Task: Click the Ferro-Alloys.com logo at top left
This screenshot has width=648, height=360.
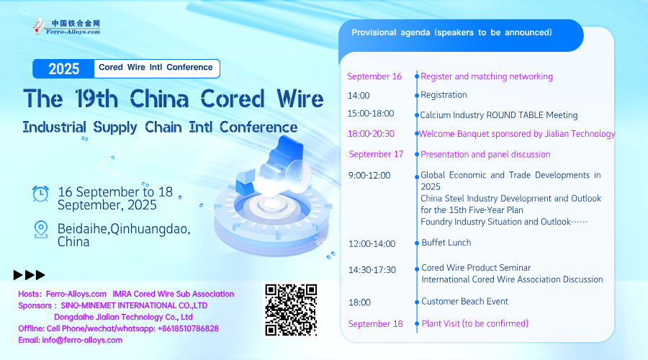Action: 66,26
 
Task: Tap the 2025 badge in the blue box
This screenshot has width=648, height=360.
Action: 63,68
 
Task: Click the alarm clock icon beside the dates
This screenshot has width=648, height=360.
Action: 40,194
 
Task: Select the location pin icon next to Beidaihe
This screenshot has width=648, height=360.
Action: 41,230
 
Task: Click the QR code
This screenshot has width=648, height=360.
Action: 291,310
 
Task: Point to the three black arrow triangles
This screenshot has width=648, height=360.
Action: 29,275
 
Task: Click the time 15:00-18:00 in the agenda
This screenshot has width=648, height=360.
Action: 371,114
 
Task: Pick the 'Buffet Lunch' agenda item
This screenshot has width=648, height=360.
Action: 446,243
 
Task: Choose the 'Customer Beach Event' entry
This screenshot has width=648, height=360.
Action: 465,301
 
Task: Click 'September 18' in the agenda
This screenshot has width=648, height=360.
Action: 375,323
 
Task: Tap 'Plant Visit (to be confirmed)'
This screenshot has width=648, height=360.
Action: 475,323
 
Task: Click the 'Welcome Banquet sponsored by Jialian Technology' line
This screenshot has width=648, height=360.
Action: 517,134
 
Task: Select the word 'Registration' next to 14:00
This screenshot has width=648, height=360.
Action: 444,95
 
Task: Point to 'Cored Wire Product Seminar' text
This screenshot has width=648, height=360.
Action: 476,268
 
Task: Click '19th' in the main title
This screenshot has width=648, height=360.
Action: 96,99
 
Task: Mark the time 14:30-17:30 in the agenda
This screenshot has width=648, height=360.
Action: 372,270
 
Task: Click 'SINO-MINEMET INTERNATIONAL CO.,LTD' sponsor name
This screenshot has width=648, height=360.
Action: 134,305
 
